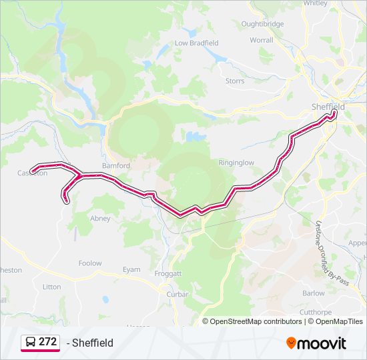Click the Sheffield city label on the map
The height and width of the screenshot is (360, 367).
(x=328, y=107)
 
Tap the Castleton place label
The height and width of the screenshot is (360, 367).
(x=33, y=173)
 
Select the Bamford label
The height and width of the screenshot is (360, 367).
(x=115, y=165)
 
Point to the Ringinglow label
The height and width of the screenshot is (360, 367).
(x=236, y=162)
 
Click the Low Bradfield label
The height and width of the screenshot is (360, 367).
(x=196, y=43)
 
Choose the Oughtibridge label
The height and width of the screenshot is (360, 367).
(x=262, y=24)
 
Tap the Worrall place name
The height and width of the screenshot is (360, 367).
(x=262, y=40)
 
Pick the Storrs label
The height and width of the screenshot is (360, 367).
(x=234, y=81)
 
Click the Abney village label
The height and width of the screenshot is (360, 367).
(x=100, y=218)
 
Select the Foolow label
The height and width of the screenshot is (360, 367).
(x=90, y=263)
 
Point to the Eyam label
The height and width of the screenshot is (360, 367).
(x=131, y=269)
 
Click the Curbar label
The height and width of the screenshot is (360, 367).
(x=178, y=294)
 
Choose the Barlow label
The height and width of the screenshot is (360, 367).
(x=313, y=293)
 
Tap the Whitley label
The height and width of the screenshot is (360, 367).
(x=315, y=3)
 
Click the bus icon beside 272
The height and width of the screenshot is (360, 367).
(x=30, y=342)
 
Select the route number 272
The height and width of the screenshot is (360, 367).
(x=47, y=342)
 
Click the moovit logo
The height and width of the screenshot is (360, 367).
(x=316, y=343)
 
